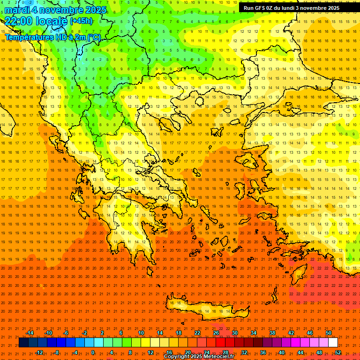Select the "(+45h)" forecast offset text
click(81, 21)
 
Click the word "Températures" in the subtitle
click(29, 37)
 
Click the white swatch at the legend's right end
click(333, 343)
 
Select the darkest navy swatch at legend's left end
click(23, 343)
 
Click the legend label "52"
click(338, 352)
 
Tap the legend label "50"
click(328, 333)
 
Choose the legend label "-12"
click(39, 352)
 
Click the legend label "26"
click(216, 333)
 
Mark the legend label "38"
click(272, 333)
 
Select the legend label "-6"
click(66, 333)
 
